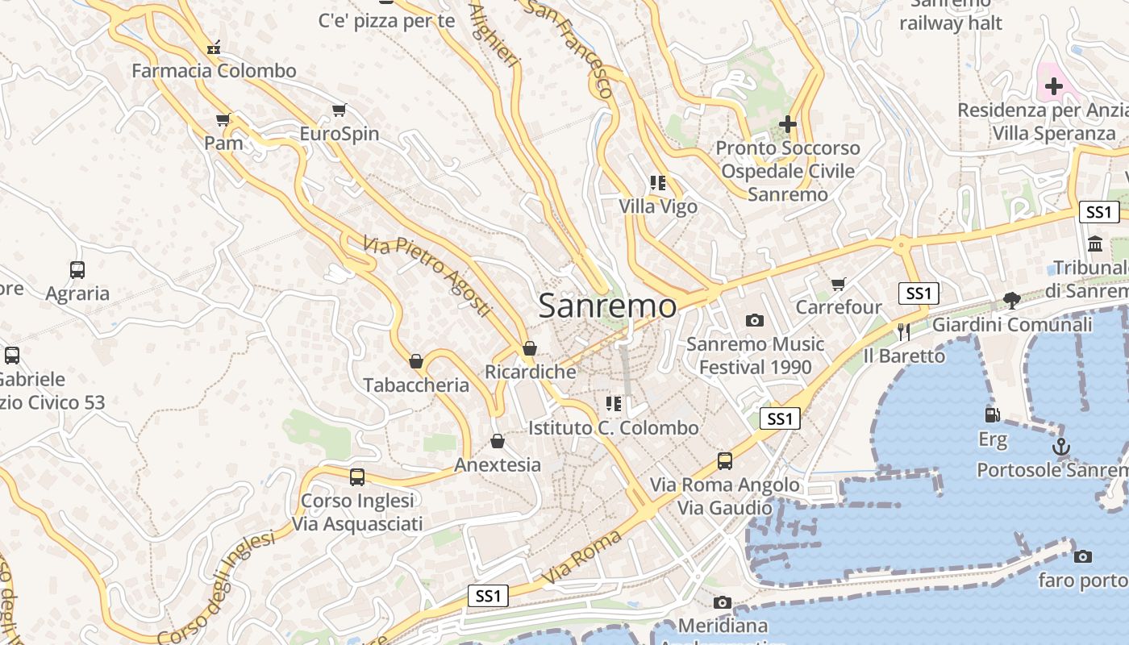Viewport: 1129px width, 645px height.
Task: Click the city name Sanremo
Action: click(607, 306)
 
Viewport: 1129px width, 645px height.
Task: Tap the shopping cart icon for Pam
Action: click(223, 120)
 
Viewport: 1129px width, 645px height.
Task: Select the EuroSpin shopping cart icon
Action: click(340, 110)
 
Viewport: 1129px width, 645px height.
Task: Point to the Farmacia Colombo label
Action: click(215, 71)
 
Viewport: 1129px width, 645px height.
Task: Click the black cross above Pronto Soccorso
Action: click(788, 124)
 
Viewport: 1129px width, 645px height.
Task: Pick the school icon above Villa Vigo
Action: click(658, 183)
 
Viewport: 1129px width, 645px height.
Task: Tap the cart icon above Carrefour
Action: click(839, 284)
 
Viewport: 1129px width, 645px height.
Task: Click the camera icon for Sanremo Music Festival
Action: click(754, 320)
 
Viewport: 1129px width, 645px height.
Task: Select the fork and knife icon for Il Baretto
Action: click(904, 331)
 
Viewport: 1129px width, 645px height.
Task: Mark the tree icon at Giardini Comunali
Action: click(1012, 301)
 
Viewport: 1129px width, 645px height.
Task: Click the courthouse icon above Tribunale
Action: click(1095, 243)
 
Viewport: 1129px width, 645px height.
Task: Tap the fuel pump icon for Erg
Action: click(993, 415)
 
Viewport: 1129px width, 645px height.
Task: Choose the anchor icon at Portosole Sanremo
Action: click(1061, 446)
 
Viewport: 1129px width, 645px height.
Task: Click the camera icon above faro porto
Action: click(1083, 556)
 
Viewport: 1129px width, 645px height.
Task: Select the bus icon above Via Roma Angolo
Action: click(725, 461)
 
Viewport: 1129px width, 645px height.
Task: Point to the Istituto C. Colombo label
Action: click(613, 428)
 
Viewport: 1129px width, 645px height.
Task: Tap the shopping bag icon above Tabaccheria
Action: click(416, 361)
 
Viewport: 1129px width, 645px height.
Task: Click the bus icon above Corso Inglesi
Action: click(357, 476)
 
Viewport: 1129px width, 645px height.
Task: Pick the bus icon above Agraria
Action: click(77, 270)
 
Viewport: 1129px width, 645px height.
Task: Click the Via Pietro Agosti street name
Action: click(427, 275)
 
